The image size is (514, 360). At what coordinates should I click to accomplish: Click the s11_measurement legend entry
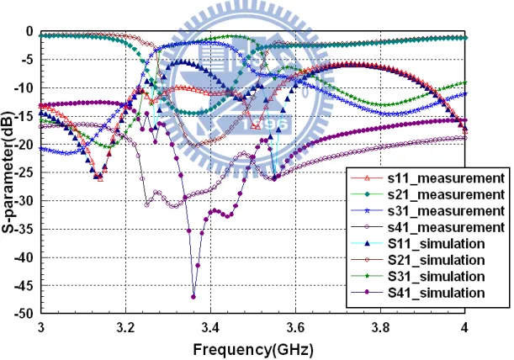pyautogui.click(x=427, y=178)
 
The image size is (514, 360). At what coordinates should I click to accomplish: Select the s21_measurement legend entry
pyautogui.click(x=427, y=195)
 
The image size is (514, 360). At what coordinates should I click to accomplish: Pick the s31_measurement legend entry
pyautogui.click(x=427, y=211)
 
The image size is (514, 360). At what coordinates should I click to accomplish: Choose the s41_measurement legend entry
pyautogui.click(x=427, y=227)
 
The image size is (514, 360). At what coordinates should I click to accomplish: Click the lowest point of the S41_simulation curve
pyautogui.click(x=193, y=297)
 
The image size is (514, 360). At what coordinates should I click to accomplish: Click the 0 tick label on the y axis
pyautogui.click(x=29, y=31)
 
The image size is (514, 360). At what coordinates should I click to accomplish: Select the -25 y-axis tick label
pyautogui.click(x=24, y=172)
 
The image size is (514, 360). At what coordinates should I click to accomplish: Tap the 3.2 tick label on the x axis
pyautogui.click(x=125, y=327)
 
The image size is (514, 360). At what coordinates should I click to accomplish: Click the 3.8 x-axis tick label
pyautogui.click(x=380, y=327)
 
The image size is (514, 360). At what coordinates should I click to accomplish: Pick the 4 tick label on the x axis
pyautogui.click(x=464, y=327)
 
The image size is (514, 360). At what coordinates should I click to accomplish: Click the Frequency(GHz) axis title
pyautogui.click(x=253, y=350)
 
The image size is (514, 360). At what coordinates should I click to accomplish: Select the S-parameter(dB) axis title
pyautogui.click(x=8, y=172)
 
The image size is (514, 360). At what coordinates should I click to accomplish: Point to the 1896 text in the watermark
pyautogui.click(x=266, y=124)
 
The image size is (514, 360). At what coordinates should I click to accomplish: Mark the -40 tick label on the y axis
pyautogui.click(x=24, y=257)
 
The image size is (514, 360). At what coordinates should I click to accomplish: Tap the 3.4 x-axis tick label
pyautogui.click(x=210, y=327)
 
